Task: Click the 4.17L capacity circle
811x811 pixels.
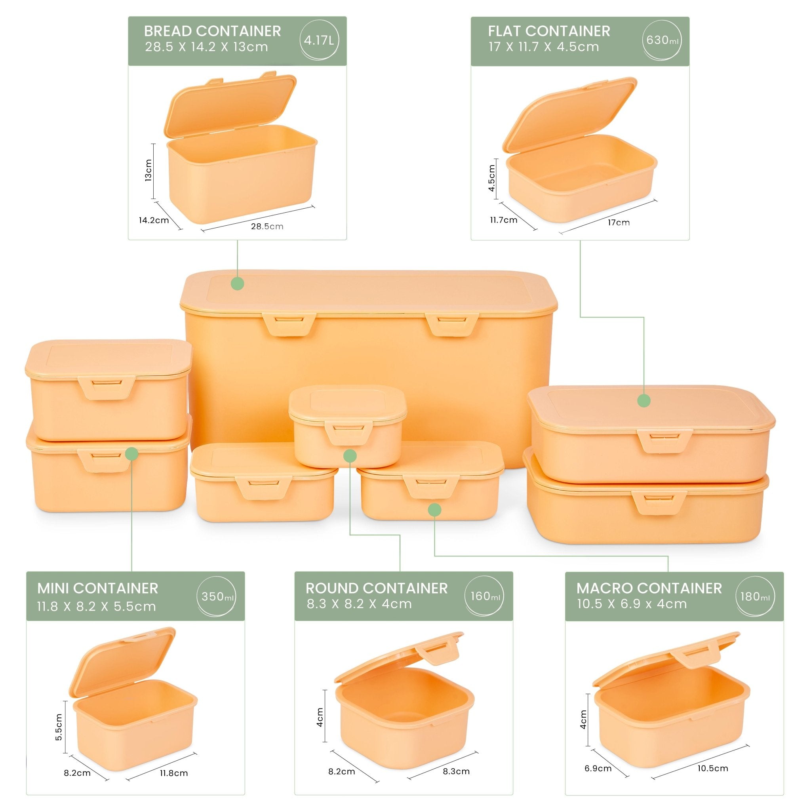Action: tap(319, 41)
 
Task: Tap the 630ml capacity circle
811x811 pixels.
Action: tap(662, 41)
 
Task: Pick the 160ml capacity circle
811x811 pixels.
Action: tap(484, 596)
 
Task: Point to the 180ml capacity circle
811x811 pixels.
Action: tap(755, 596)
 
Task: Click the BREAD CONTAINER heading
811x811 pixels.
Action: tap(212, 31)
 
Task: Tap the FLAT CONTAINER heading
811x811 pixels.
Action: tap(548, 31)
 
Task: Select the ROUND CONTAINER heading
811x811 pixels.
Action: tap(377, 588)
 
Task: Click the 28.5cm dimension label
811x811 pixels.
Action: tap(267, 227)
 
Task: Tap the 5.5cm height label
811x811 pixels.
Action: tap(59, 727)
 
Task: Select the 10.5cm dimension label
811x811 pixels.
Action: tap(713, 768)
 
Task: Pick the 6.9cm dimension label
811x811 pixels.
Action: tap(598, 769)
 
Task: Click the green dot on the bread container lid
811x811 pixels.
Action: tap(238, 284)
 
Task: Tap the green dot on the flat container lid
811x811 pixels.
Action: tap(644, 401)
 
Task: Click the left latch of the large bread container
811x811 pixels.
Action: tap(289, 324)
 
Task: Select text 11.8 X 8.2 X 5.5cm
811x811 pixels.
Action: tap(96, 607)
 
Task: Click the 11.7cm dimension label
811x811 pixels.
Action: tap(503, 220)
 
